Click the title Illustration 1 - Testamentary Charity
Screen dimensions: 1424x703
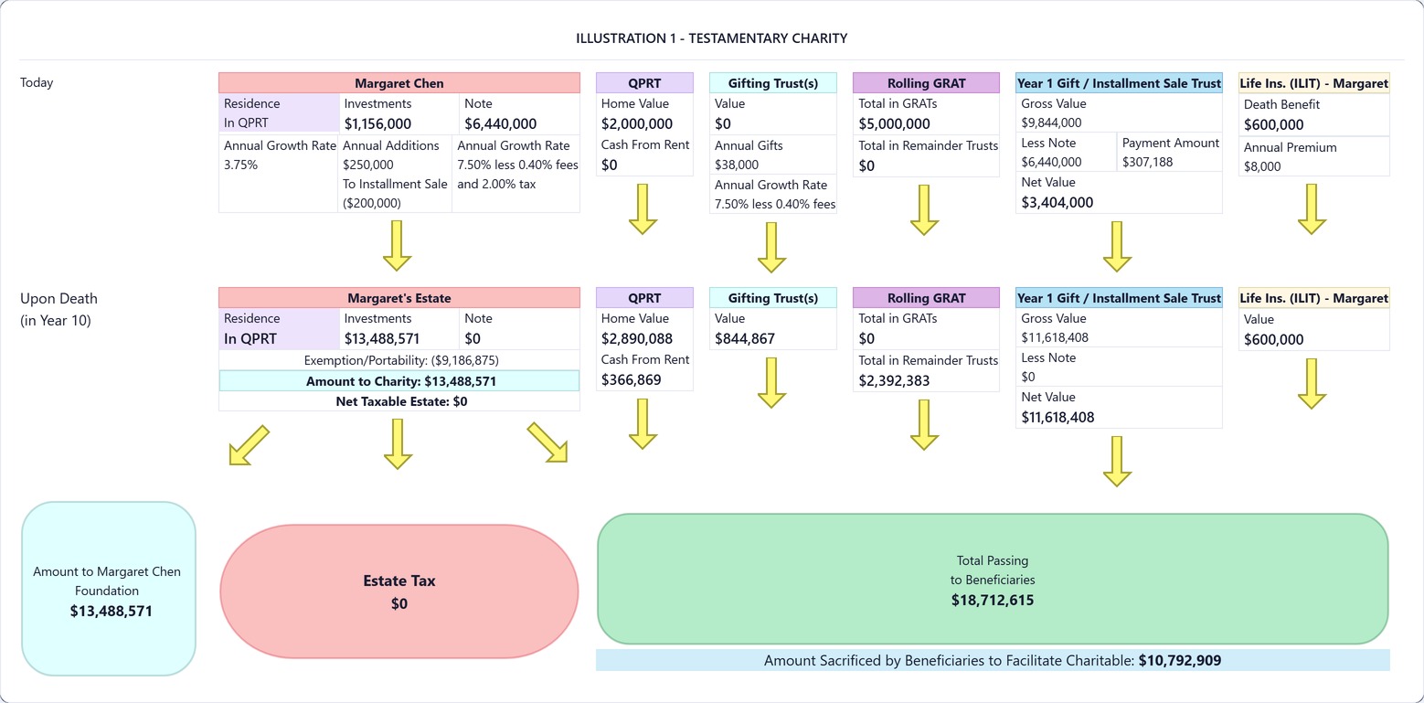tap(711, 38)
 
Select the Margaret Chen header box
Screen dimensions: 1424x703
tap(399, 82)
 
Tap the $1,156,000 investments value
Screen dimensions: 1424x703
tap(377, 123)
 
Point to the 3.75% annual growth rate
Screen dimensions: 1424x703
tap(241, 165)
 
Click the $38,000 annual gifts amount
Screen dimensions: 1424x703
tap(736, 165)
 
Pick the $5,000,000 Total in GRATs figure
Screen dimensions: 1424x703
tap(894, 123)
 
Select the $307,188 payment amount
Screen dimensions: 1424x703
tap(1147, 162)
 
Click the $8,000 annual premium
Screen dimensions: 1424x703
tap(1262, 166)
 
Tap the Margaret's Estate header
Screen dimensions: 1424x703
tap(399, 297)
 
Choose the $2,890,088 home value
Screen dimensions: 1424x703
tap(637, 338)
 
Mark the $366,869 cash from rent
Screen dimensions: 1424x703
tap(632, 379)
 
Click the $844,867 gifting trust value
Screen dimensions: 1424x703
tap(744, 338)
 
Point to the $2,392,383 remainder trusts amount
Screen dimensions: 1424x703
tap(894, 380)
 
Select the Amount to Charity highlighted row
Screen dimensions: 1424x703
tap(399, 380)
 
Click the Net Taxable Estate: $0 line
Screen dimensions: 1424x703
tap(401, 401)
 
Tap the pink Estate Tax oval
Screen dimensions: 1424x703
tap(399, 591)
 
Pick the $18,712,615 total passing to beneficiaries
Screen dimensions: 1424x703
tap(993, 600)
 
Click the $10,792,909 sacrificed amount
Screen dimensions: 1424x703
tap(1180, 660)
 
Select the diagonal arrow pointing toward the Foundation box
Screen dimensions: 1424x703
tap(249, 445)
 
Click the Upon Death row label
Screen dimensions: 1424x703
tap(58, 309)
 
